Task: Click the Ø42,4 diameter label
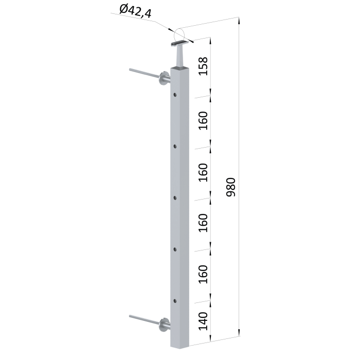(x=135, y=11)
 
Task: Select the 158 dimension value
(x=203, y=66)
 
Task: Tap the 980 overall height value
(x=231, y=187)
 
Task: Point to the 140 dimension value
(x=203, y=321)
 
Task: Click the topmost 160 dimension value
(x=203, y=121)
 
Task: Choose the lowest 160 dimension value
(x=203, y=274)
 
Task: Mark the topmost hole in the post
(x=175, y=95)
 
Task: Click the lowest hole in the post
(x=175, y=301)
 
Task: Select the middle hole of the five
(x=175, y=197)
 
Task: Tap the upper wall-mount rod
(x=144, y=73)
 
